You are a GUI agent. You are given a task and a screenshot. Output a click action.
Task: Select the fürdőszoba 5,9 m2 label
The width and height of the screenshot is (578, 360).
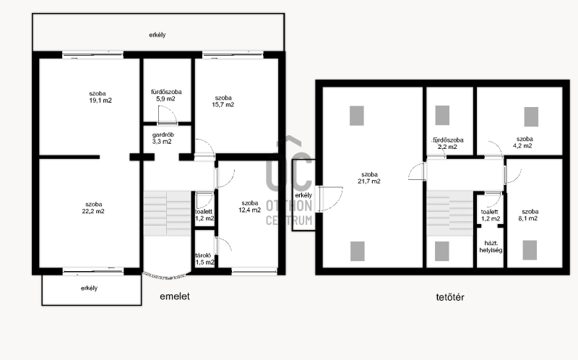(x=166, y=95)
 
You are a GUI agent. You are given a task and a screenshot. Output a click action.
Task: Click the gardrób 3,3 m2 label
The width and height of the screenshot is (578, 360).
(x=163, y=138)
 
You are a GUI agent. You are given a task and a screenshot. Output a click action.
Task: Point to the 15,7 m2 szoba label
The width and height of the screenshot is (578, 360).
(x=223, y=101)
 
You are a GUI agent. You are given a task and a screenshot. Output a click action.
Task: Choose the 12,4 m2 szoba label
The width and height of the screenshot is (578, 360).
(x=249, y=207)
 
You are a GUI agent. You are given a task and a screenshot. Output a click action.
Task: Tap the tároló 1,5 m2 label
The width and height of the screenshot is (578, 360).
(x=204, y=259)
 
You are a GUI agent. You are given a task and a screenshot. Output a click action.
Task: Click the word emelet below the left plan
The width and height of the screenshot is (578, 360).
(x=175, y=296)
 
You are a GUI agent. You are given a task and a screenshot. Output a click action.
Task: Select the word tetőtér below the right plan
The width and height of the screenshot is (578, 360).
(x=450, y=297)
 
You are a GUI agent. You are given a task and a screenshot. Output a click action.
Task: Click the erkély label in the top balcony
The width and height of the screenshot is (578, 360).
(x=158, y=35)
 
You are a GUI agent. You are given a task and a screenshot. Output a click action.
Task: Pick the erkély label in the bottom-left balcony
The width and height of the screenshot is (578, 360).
(x=89, y=288)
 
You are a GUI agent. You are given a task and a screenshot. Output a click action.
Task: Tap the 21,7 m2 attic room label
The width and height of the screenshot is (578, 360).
(x=369, y=178)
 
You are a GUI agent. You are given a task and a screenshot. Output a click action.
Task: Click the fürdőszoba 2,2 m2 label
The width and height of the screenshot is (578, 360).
(x=448, y=143)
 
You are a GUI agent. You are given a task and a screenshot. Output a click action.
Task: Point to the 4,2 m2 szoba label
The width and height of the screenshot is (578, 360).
(x=524, y=142)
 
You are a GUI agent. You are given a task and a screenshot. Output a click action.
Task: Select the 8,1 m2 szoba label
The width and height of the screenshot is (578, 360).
(x=529, y=215)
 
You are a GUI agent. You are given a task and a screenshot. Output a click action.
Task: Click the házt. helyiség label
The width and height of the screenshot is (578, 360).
(x=491, y=247)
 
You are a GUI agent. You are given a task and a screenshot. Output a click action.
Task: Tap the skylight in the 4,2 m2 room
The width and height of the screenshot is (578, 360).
(x=531, y=116)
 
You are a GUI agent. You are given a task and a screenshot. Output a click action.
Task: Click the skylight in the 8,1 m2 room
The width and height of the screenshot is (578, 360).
(x=530, y=250)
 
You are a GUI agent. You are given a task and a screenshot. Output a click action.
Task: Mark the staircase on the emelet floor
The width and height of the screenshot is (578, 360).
(x=168, y=213)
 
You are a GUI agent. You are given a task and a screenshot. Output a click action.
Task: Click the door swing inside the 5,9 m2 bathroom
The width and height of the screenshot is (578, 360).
(x=168, y=115)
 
